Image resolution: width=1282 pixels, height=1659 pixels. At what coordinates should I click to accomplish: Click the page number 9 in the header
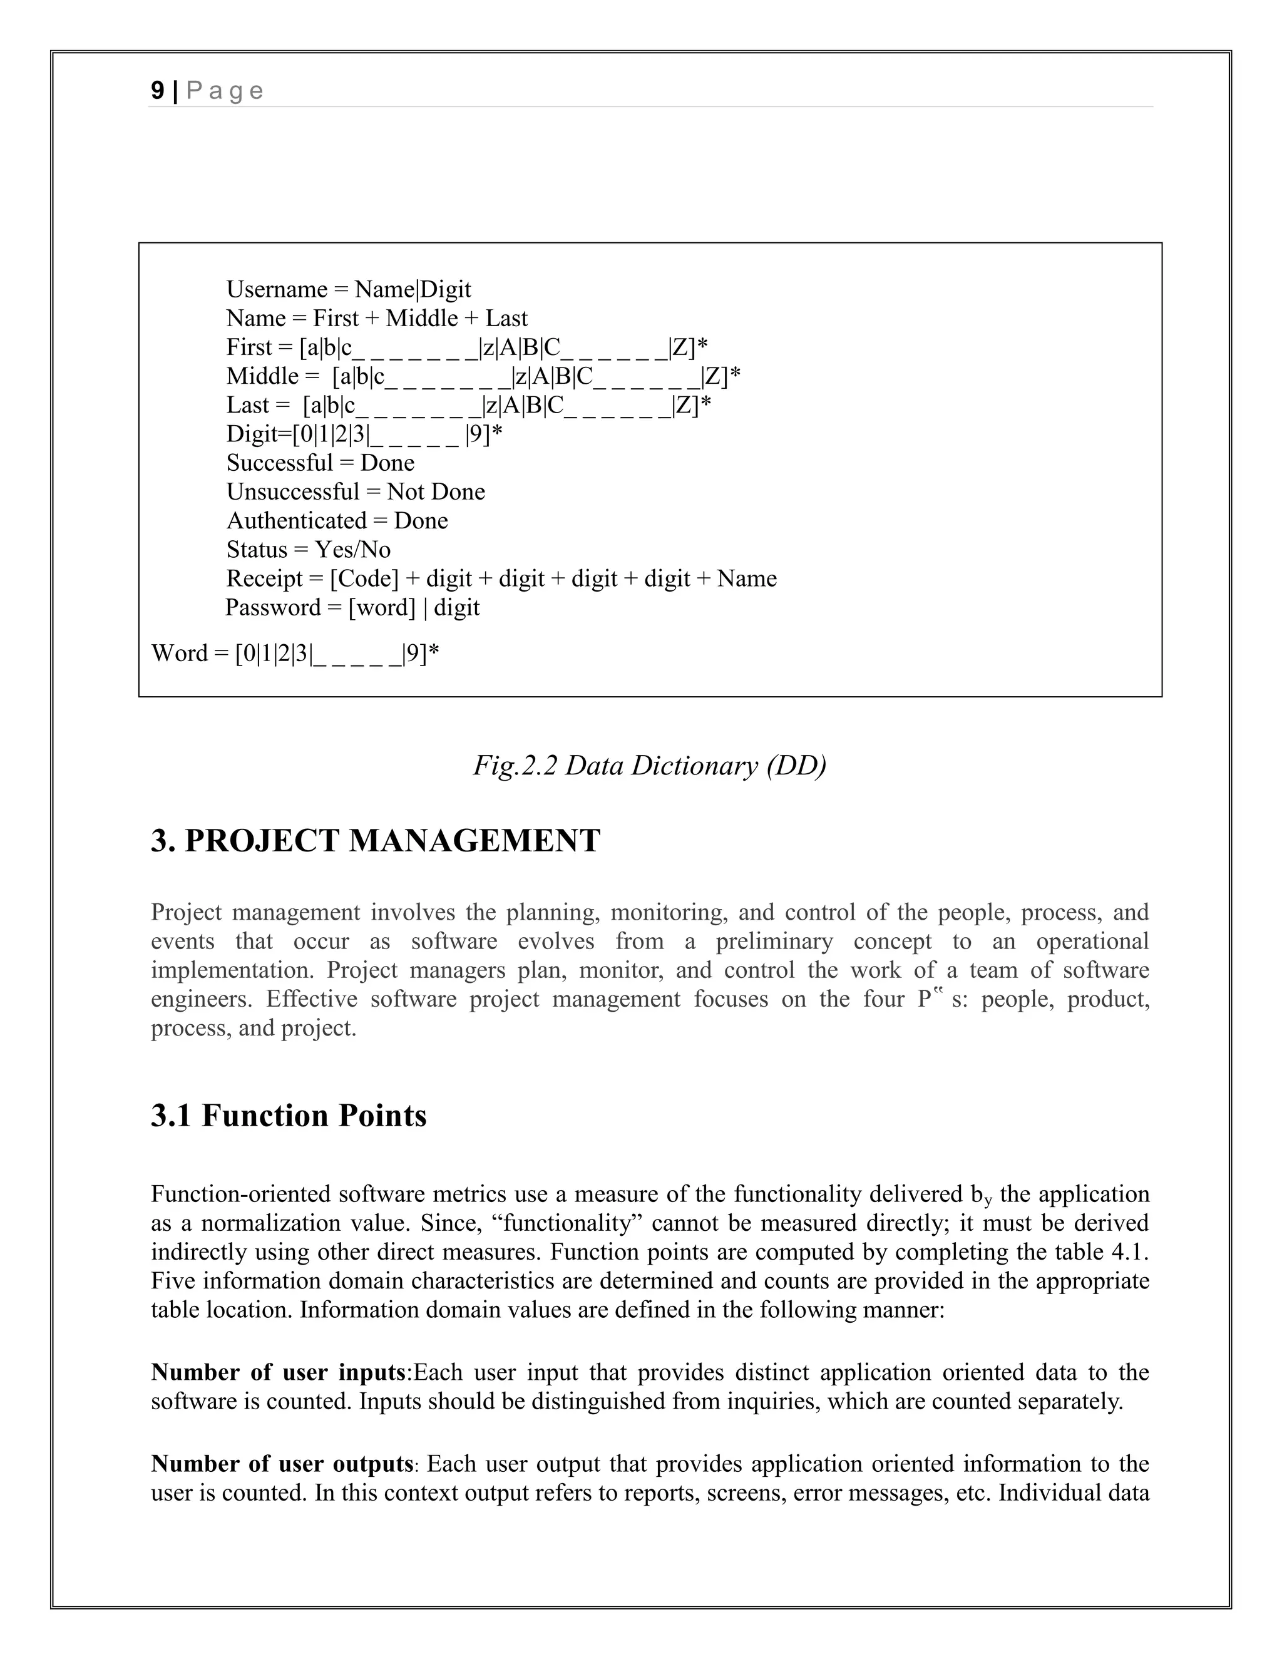pos(157,91)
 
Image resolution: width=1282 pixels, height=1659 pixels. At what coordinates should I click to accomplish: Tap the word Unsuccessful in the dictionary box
pos(292,492)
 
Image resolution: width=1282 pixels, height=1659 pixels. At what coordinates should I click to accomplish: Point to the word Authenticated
pos(296,521)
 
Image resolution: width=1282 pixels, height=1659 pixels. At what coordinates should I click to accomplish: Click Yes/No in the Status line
pos(352,550)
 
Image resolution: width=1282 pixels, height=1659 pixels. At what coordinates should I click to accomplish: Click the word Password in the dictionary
pos(274,608)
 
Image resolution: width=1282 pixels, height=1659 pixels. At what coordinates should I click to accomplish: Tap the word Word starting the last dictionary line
pos(179,653)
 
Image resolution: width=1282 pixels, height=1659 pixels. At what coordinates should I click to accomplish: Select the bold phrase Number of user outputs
pos(282,1464)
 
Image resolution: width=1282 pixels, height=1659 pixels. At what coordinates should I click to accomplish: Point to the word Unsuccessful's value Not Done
pos(436,492)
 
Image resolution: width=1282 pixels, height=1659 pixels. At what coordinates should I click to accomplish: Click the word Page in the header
pos(224,91)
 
